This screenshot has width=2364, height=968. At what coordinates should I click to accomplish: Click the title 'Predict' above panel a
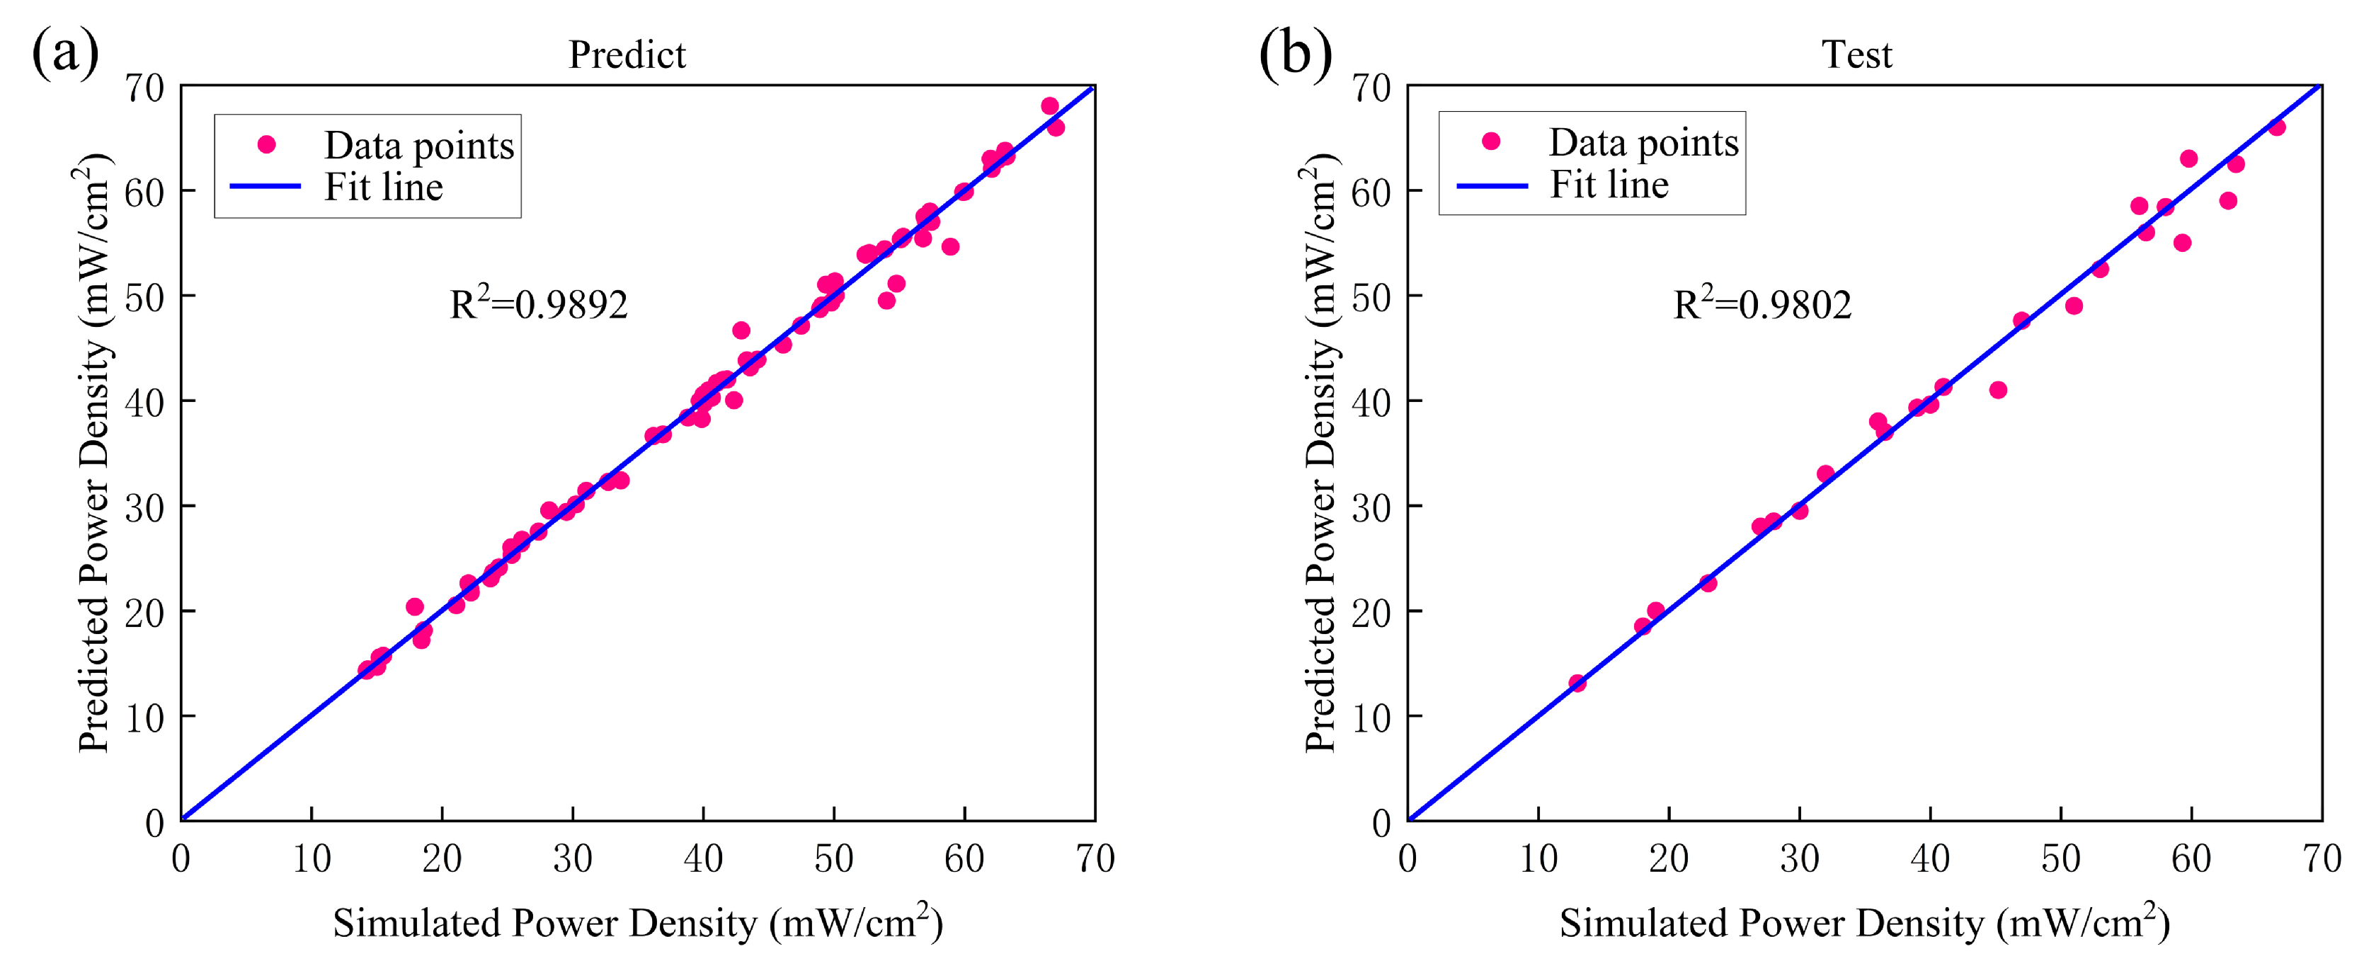point(627,55)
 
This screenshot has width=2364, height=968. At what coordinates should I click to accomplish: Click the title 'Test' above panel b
point(1856,55)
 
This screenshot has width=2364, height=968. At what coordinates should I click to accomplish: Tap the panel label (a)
point(64,52)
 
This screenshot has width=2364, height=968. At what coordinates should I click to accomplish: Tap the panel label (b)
point(1294,52)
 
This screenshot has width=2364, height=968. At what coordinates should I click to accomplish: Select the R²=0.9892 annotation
point(539,304)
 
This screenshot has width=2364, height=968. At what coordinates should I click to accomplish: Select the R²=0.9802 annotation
point(1762,304)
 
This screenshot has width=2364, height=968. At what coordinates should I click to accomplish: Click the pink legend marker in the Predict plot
point(266,144)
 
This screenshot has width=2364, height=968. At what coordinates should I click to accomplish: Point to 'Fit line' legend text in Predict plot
point(384,188)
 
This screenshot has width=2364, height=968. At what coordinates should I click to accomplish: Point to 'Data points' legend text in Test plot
point(1643,142)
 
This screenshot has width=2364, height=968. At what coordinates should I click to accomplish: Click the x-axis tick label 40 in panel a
point(703,860)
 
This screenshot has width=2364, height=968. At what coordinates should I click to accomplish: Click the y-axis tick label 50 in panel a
point(144,296)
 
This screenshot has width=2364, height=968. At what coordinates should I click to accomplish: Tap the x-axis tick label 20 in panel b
point(1668,860)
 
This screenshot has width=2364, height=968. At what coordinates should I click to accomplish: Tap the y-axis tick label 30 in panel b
point(1371,507)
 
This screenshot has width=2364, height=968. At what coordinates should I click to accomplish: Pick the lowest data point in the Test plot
point(1577,683)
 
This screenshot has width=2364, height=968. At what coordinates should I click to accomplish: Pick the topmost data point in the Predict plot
point(1050,105)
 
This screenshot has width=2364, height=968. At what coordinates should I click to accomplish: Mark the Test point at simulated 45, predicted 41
point(1998,390)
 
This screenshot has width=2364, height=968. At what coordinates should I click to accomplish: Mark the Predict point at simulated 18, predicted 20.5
point(415,606)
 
